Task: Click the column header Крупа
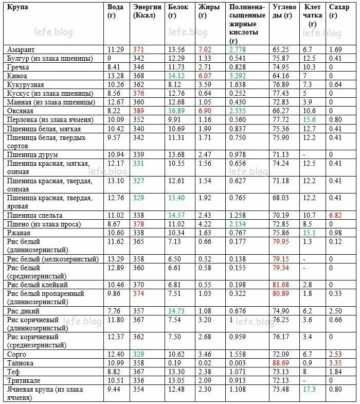coord(18,7)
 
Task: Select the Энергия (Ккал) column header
coord(147,11)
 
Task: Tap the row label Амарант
coord(21,49)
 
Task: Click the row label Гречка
coord(19,67)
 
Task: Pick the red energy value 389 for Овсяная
coord(138,111)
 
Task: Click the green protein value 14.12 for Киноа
coord(176,76)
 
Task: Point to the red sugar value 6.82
coord(335,215)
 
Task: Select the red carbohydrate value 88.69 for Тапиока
coord(281,363)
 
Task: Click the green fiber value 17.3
coord(309,389)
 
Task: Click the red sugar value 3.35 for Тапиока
coord(335,363)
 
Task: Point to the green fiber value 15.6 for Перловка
coord(309,119)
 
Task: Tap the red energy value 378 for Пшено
coord(138,224)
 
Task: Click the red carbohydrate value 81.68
coord(281,285)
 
